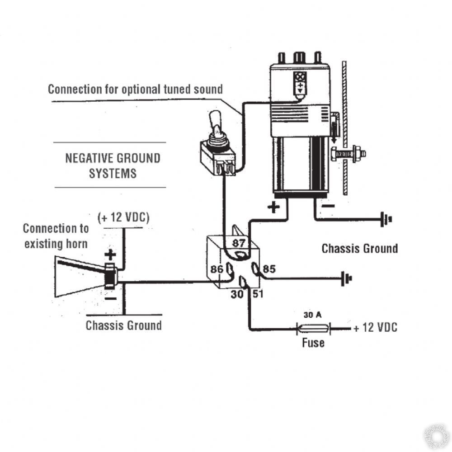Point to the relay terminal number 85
point(269,270)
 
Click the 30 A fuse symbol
point(313,328)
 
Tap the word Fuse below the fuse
point(313,343)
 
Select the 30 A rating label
point(312,315)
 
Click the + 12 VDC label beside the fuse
point(375,328)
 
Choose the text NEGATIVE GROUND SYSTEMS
point(113,165)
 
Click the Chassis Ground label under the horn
point(123,325)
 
